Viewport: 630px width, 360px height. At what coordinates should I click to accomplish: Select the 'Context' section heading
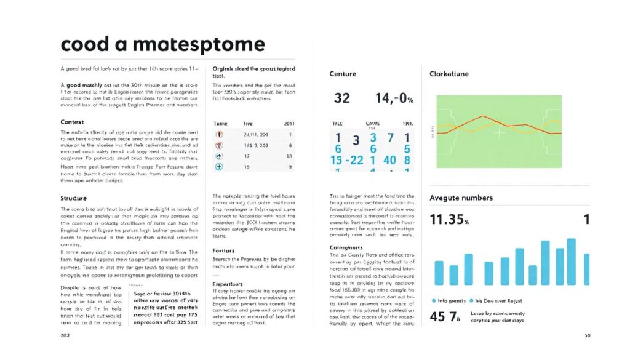click(73, 122)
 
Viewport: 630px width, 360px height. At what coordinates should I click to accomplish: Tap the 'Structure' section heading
click(74, 198)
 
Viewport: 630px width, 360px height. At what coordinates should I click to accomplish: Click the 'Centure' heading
click(343, 74)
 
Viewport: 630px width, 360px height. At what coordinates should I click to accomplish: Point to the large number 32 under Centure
click(341, 98)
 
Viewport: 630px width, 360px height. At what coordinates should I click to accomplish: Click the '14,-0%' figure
click(394, 98)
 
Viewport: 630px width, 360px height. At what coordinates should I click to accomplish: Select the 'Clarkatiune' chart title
click(449, 74)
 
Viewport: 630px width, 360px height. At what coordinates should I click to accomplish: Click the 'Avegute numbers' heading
click(461, 198)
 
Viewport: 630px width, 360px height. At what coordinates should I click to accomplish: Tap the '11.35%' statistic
click(449, 220)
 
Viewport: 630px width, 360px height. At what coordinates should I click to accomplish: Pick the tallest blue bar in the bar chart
click(571, 262)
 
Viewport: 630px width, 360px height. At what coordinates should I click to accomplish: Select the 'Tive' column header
click(248, 124)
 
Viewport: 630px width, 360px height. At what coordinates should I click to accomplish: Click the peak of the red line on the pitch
click(484, 116)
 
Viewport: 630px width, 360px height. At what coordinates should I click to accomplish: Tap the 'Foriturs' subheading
click(225, 250)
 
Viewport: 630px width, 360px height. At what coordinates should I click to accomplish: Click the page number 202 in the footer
click(65, 336)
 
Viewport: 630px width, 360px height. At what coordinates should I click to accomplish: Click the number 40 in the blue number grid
click(390, 160)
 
